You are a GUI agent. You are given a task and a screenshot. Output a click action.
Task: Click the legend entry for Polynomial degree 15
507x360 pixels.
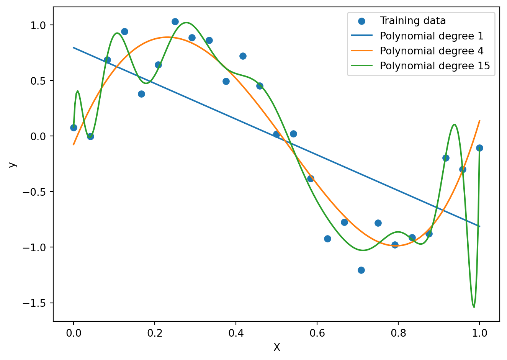(x=435, y=66)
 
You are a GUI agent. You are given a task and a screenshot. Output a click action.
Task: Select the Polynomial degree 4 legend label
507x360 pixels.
(x=432, y=51)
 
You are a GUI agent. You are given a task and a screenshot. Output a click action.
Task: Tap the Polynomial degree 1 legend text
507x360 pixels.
(x=432, y=36)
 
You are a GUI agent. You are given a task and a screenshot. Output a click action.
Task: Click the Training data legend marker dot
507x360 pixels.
(x=362, y=21)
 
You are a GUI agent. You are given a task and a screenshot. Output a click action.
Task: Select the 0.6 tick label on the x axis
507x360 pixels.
(x=317, y=333)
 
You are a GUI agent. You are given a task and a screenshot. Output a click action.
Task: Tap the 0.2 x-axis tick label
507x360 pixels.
(x=155, y=333)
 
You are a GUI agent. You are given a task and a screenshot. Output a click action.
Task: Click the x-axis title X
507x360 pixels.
(x=276, y=347)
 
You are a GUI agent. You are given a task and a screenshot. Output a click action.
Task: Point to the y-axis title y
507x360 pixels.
(x=13, y=165)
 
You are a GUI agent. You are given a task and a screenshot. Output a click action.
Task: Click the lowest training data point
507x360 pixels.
(x=361, y=270)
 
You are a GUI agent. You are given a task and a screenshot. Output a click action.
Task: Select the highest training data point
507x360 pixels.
(x=175, y=22)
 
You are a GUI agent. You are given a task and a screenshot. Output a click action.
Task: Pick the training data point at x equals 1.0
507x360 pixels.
(x=479, y=148)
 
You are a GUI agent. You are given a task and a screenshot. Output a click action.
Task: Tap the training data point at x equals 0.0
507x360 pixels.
(x=74, y=128)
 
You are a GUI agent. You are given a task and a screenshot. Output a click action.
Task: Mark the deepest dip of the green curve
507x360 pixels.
(x=474, y=307)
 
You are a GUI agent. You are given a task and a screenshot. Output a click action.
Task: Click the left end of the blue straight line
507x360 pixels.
(x=74, y=47)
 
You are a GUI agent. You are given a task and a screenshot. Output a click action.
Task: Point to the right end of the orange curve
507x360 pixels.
(x=479, y=121)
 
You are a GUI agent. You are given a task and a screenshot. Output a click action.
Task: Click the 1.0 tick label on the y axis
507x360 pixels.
(x=38, y=25)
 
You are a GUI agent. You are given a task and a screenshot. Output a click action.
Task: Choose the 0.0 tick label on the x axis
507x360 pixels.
(x=74, y=333)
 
